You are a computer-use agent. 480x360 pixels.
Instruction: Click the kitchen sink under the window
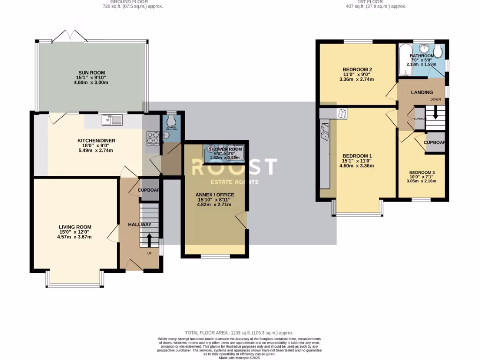click(113, 120)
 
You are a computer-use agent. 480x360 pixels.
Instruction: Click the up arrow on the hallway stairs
click(150, 240)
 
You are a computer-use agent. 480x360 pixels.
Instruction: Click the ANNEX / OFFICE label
click(215, 195)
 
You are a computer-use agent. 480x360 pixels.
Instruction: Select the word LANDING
click(422, 92)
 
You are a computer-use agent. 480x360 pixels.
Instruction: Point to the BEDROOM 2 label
click(357, 70)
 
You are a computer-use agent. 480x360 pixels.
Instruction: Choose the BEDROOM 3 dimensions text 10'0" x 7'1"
click(421, 177)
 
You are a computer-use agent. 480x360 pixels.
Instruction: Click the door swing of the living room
click(112, 233)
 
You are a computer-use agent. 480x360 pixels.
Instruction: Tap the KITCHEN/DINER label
click(96, 140)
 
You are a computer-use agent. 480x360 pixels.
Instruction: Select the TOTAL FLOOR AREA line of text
click(240, 331)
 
